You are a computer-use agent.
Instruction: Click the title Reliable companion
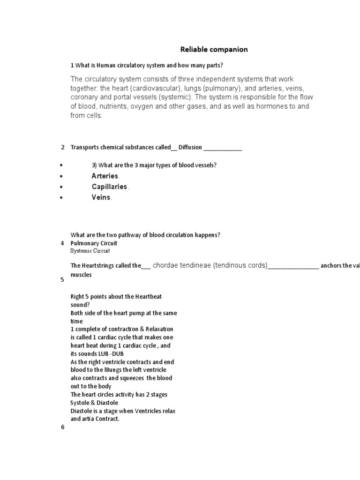coord(214,49)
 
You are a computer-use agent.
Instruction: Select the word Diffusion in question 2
coord(190,147)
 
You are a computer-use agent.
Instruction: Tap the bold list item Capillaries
coord(109,187)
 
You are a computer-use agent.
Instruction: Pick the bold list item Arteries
coord(105,176)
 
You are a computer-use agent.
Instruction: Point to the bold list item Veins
coord(101,197)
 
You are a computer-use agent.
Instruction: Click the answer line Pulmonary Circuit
coord(94,243)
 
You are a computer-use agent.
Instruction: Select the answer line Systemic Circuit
coord(90,251)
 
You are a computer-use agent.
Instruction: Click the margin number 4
coord(62,243)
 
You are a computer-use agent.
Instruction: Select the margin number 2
coord(62,147)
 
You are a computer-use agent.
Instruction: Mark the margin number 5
coord(62,280)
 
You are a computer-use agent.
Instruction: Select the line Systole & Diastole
coord(94,403)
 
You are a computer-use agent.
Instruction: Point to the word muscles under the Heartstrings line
coord(81,275)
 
